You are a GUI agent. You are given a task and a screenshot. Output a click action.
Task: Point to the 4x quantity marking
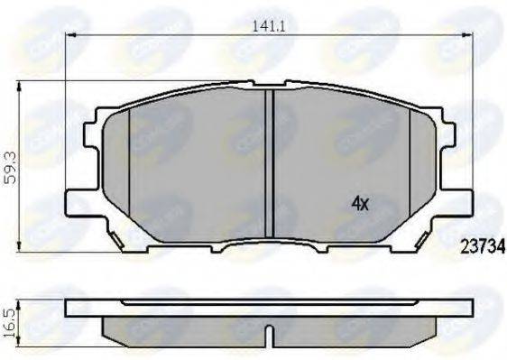point(360,204)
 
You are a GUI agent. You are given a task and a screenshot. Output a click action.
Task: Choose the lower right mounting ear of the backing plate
point(461,200)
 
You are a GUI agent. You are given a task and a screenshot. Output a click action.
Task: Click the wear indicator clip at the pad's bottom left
point(117,238)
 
